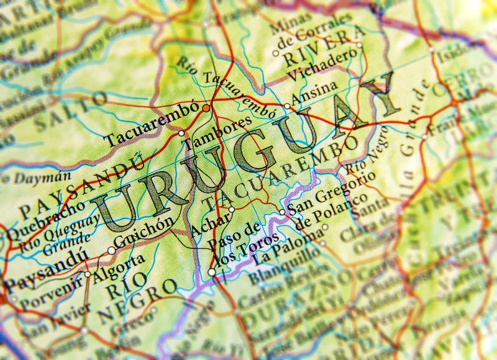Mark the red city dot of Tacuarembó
click(206, 107)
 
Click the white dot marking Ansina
click(287, 106)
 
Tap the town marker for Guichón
click(111, 251)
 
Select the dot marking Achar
click(231, 210)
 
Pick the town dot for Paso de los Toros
click(211, 272)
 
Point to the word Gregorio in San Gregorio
click(347, 187)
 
